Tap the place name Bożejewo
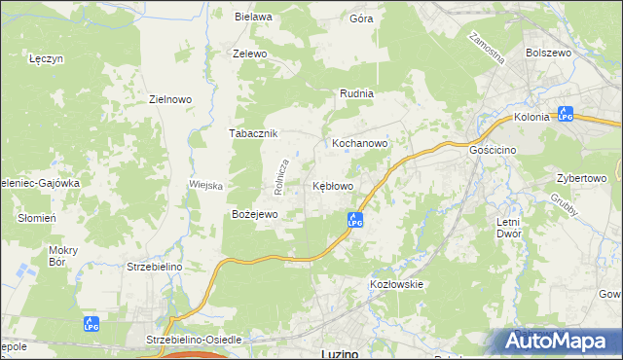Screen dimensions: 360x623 [255, 213]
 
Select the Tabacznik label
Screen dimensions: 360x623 [254, 133]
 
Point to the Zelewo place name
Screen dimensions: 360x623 [249, 54]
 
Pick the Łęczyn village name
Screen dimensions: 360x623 [47, 58]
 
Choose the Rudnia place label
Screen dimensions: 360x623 [356, 93]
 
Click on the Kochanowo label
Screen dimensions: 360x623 [360, 142]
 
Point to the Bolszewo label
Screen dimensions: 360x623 [547, 54]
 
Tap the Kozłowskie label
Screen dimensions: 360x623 [396, 283]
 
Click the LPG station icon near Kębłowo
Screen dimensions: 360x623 [355, 221]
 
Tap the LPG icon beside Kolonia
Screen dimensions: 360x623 [566, 114]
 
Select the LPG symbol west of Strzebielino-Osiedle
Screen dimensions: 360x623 [90, 324]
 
